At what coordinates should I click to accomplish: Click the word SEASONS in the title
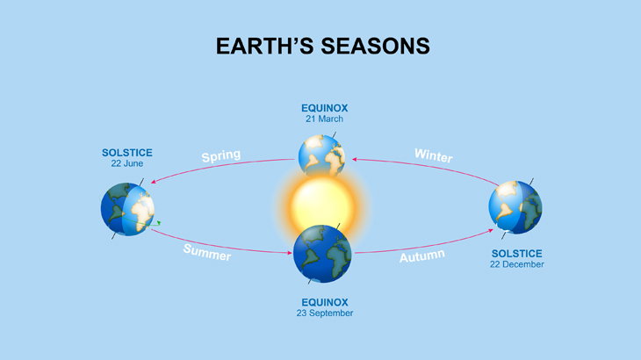[375, 46]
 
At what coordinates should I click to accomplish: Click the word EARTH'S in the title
[265, 46]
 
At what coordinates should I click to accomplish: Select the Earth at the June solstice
[127, 209]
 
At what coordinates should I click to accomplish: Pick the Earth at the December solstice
[515, 207]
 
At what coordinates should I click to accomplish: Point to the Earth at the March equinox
[321, 155]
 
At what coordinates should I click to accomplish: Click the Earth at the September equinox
[322, 254]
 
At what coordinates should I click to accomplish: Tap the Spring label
[221, 155]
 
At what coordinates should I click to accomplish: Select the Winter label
[433, 155]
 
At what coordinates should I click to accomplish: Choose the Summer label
[207, 252]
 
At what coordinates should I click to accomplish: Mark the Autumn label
[421, 256]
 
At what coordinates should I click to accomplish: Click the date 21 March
[324, 119]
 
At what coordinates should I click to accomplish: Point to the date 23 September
[325, 313]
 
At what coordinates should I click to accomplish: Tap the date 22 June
[127, 163]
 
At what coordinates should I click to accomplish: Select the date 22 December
[516, 264]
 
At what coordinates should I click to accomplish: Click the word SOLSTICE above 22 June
[127, 153]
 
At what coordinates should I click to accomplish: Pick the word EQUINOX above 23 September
[325, 302]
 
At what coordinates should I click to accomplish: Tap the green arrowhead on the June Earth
[159, 223]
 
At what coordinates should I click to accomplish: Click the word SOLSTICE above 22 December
[516, 254]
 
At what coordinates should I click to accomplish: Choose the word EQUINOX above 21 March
[325, 108]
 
